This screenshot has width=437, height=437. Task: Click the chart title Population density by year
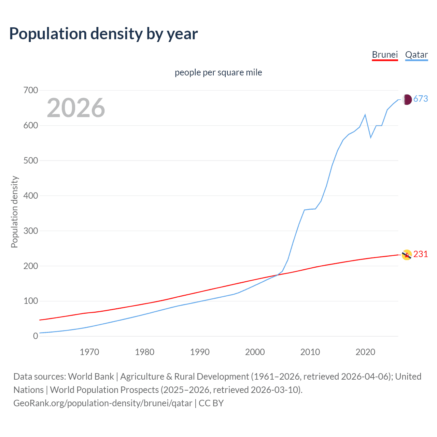103,34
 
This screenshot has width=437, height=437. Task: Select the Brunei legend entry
385,55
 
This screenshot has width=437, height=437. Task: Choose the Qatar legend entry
416,55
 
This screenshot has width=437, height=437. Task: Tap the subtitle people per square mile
218,72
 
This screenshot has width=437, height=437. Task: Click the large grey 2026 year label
76,108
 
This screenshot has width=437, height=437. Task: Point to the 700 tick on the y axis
31,90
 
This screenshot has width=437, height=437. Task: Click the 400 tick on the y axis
31,196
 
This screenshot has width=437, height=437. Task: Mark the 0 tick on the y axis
36,336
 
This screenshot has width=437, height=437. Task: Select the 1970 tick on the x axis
89,352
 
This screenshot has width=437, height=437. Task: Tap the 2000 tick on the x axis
255,352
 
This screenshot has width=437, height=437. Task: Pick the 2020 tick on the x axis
365,352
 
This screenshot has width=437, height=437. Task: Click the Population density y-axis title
14,212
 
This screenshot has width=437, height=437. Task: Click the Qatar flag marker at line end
407,99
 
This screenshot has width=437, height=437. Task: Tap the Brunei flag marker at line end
407,255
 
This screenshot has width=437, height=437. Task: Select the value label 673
421,99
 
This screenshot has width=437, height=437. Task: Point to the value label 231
421,254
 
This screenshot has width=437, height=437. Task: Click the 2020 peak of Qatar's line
365,115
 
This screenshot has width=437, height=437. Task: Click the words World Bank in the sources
91,377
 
